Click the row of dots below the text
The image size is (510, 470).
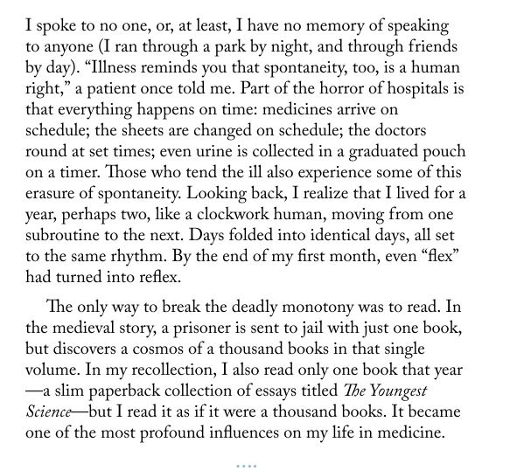246,466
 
